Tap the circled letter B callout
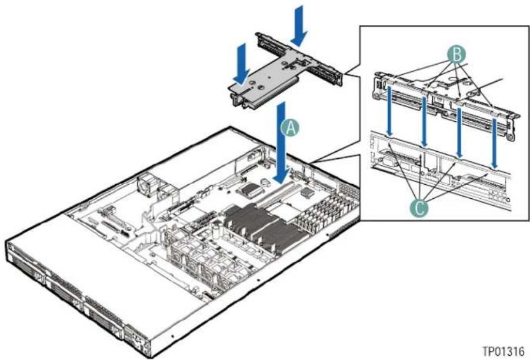457,55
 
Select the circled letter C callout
419,208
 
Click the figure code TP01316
503,351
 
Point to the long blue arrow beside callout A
282,143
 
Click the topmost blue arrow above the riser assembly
299,26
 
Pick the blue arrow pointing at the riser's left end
241,64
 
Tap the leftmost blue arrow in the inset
390,112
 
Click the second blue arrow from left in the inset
424,121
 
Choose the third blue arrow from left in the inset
459,132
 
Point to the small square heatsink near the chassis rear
306,193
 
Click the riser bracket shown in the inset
446,102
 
